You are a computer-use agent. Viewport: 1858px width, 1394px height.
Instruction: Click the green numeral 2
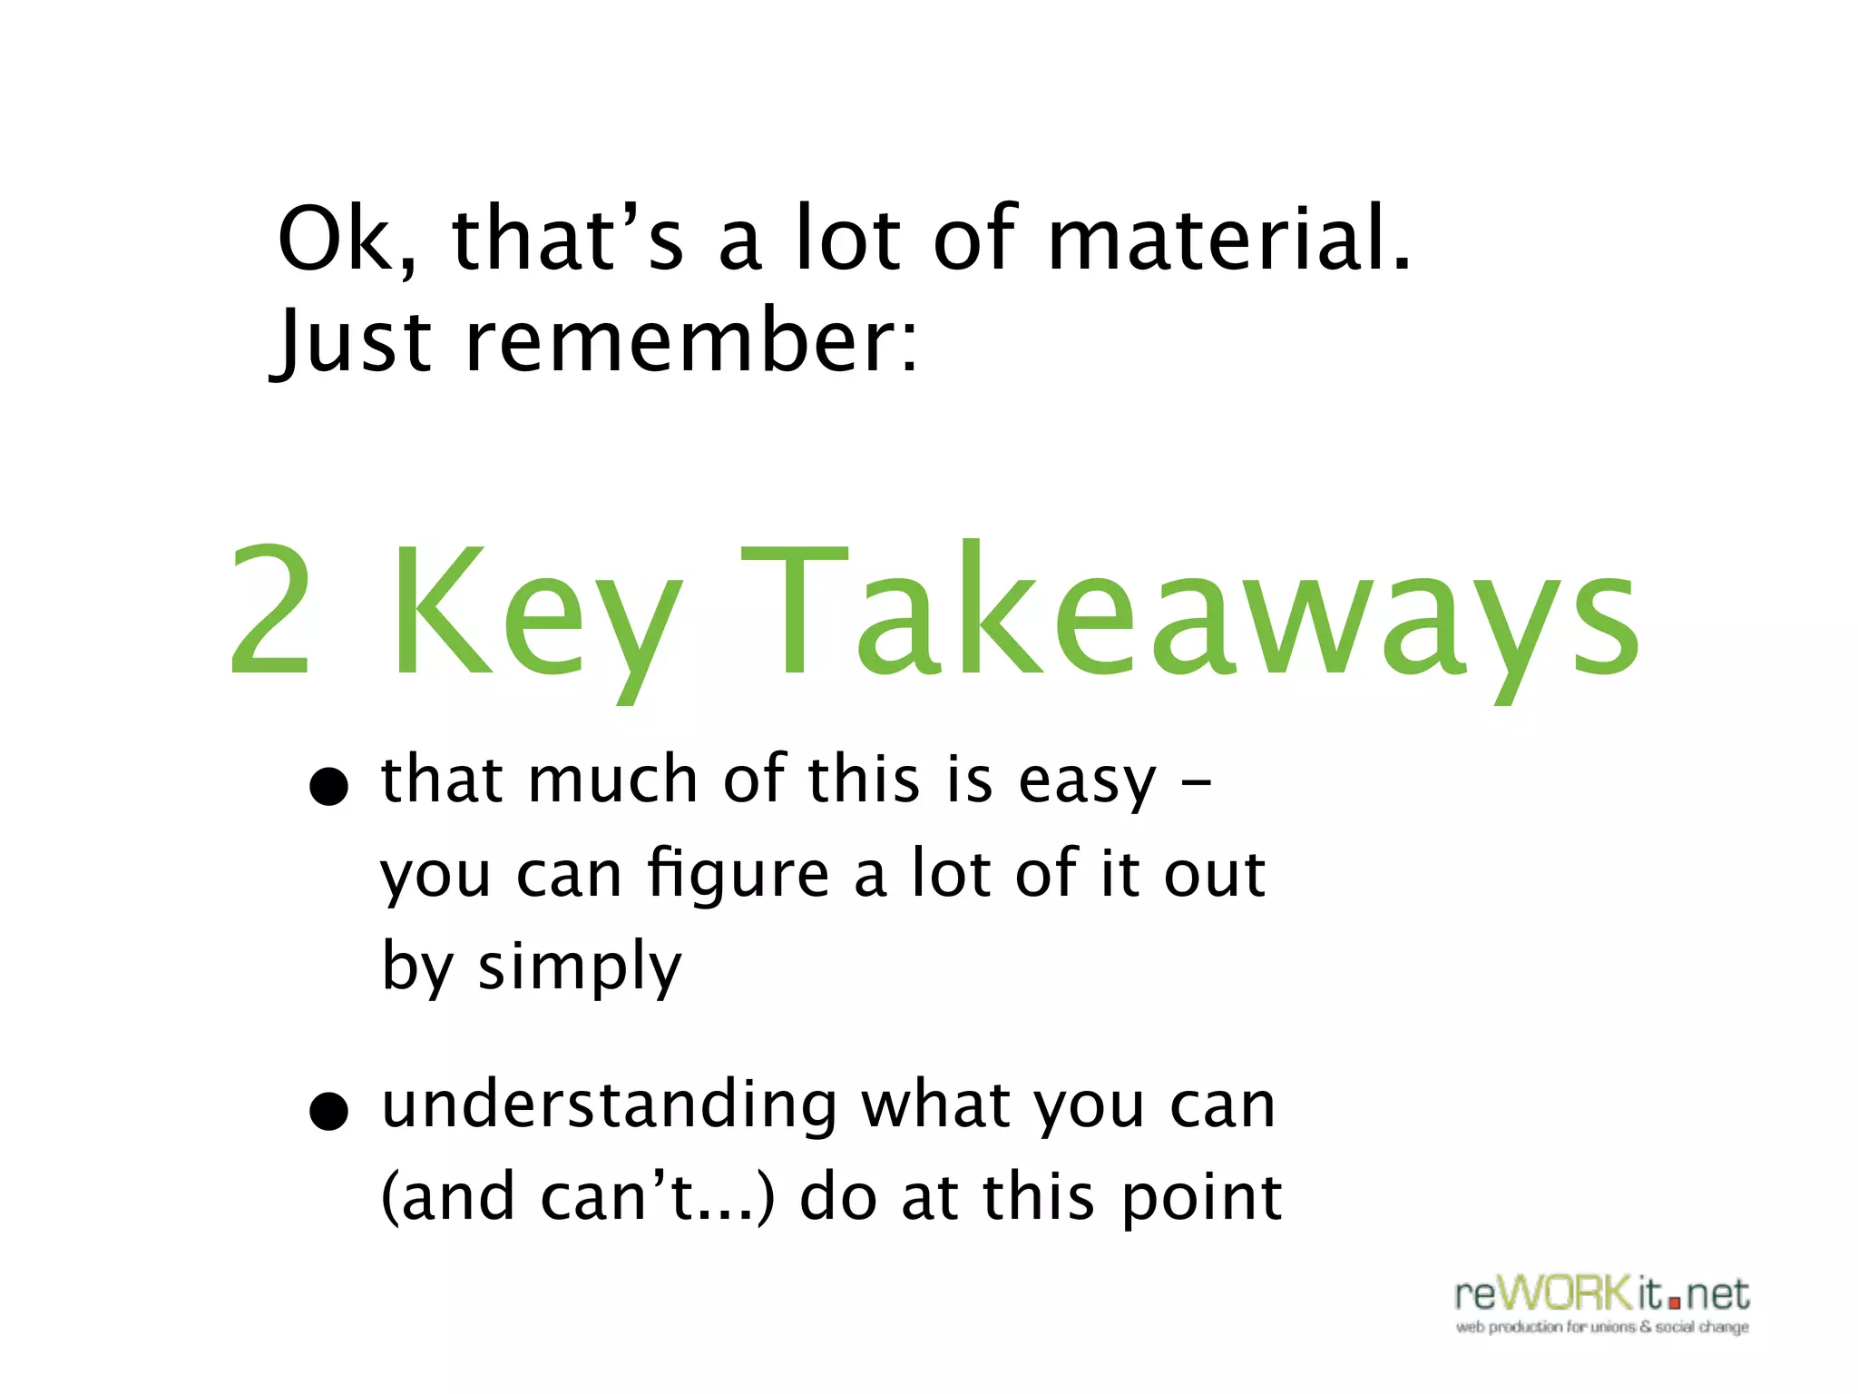[270, 610]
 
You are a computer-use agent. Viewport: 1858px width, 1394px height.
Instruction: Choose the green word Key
[535, 617]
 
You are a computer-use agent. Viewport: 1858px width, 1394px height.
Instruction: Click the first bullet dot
[328, 786]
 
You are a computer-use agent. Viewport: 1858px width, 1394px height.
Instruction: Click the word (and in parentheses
[448, 1198]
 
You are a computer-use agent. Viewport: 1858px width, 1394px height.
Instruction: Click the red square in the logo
[1674, 1303]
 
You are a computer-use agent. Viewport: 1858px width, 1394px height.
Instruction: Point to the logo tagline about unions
[1602, 1327]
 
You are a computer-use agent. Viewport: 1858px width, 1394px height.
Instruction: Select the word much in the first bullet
[612, 780]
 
